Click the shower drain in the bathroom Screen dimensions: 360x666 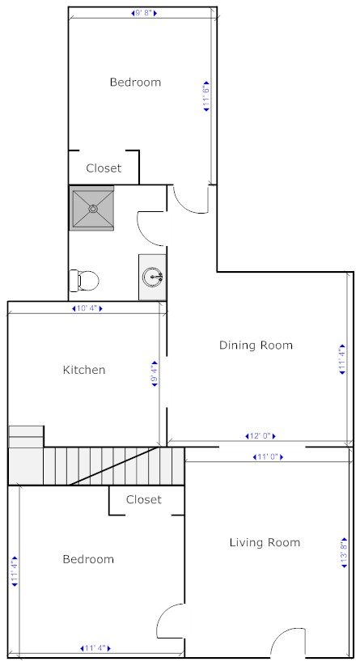point(92,209)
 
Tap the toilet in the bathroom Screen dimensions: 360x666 point(84,279)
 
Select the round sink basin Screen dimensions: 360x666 point(152,278)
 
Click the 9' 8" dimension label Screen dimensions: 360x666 point(144,13)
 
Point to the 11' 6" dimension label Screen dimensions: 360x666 point(206,96)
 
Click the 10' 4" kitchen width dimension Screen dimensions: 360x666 point(87,308)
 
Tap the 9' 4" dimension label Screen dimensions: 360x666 point(155,374)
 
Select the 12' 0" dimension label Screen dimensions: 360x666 point(260,436)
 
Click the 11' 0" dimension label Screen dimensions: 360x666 point(268,457)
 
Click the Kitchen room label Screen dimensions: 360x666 point(84,370)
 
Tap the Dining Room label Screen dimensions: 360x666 point(256,345)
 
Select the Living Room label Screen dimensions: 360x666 point(265,542)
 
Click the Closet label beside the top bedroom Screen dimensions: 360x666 point(104,168)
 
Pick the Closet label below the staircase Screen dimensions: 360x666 point(143,499)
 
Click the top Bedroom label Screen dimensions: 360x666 point(135,82)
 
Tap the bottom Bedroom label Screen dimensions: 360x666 point(88,559)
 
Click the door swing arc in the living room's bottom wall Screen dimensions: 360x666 point(281,635)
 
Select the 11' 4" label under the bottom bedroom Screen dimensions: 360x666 point(95,648)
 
